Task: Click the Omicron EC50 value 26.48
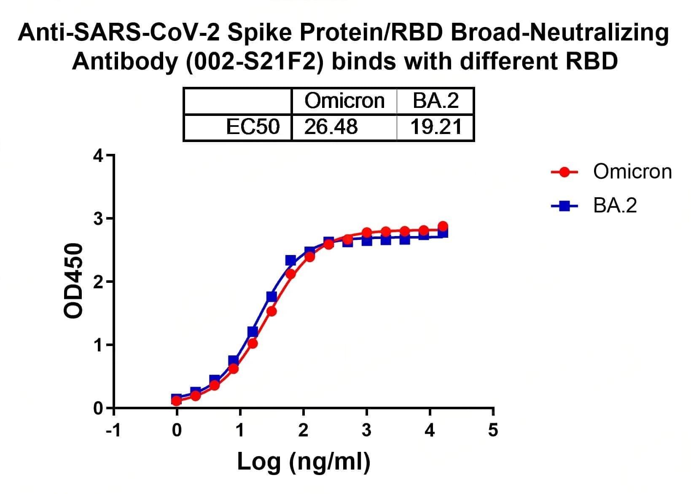tap(331, 126)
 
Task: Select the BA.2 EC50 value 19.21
tap(436, 126)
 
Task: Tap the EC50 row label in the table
tap(253, 126)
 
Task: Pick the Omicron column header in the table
tap(344, 101)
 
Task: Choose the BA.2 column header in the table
tap(436, 101)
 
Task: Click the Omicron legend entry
tap(632, 172)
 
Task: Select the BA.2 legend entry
tap(615, 206)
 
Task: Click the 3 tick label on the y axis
tap(98, 219)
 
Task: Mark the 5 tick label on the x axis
tap(493, 430)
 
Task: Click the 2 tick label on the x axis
tap(303, 430)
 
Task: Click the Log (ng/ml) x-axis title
tap(304, 462)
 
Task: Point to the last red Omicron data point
tap(443, 226)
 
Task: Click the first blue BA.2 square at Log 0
tap(177, 397)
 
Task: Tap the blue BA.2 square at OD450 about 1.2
tap(253, 332)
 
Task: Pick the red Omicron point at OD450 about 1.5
tap(272, 311)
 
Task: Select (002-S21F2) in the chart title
tap(251, 62)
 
